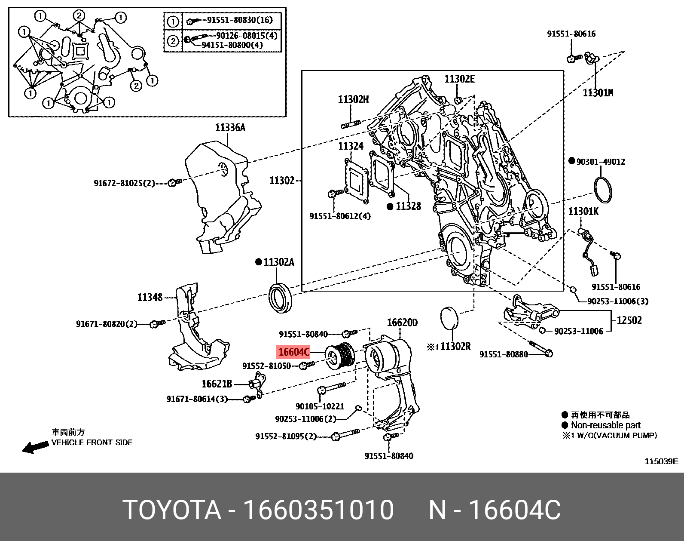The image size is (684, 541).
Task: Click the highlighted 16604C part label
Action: (293, 352)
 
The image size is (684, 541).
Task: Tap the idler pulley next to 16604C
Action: (339, 356)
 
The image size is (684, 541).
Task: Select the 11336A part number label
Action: (230, 128)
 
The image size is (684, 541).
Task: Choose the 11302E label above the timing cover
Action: (459, 79)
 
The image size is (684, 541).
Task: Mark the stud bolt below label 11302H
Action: (351, 125)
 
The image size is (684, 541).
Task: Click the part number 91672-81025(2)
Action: (124, 183)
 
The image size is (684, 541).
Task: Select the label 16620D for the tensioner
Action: (402, 323)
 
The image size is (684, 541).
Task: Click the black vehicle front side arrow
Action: (35, 447)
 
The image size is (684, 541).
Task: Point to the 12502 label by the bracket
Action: (629, 320)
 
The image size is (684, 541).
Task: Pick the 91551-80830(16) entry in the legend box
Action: (239, 20)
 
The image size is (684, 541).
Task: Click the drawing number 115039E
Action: (661, 461)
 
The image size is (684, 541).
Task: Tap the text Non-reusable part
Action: (605, 425)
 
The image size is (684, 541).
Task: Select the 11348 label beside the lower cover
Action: (150, 297)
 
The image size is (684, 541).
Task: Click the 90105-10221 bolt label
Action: (320, 406)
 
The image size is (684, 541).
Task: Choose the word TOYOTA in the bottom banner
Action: (171, 510)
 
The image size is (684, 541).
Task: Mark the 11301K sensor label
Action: (583, 212)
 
